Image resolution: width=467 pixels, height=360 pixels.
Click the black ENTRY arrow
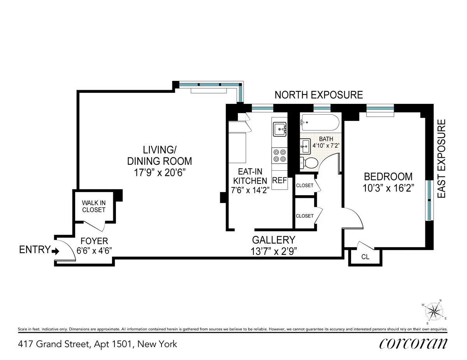coord(55,251)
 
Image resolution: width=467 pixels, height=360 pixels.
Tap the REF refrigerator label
coord(279,180)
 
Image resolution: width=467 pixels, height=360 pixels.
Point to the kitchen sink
coord(279,129)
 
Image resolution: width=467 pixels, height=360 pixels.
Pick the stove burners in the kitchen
coord(279,156)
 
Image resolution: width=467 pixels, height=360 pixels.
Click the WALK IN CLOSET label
coord(93,206)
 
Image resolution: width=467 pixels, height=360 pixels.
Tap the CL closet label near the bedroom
coord(365,257)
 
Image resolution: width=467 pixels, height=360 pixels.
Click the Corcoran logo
coord(413,344)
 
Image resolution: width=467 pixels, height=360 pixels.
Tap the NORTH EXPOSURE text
coord(319,95)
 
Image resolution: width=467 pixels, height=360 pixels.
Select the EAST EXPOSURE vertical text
coord(441,159)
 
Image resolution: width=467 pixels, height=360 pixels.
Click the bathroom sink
coord(305,147)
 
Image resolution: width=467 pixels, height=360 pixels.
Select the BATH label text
coord(326,139)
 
